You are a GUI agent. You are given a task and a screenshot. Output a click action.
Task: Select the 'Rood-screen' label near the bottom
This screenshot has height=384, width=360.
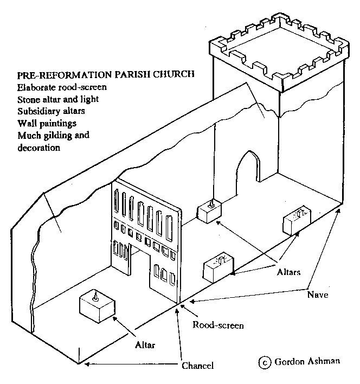click(218, 325)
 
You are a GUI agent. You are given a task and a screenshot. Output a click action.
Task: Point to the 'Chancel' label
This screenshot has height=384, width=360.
click(198, 365)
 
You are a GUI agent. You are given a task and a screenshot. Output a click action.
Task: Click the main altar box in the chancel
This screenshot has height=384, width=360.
click(97, 306)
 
